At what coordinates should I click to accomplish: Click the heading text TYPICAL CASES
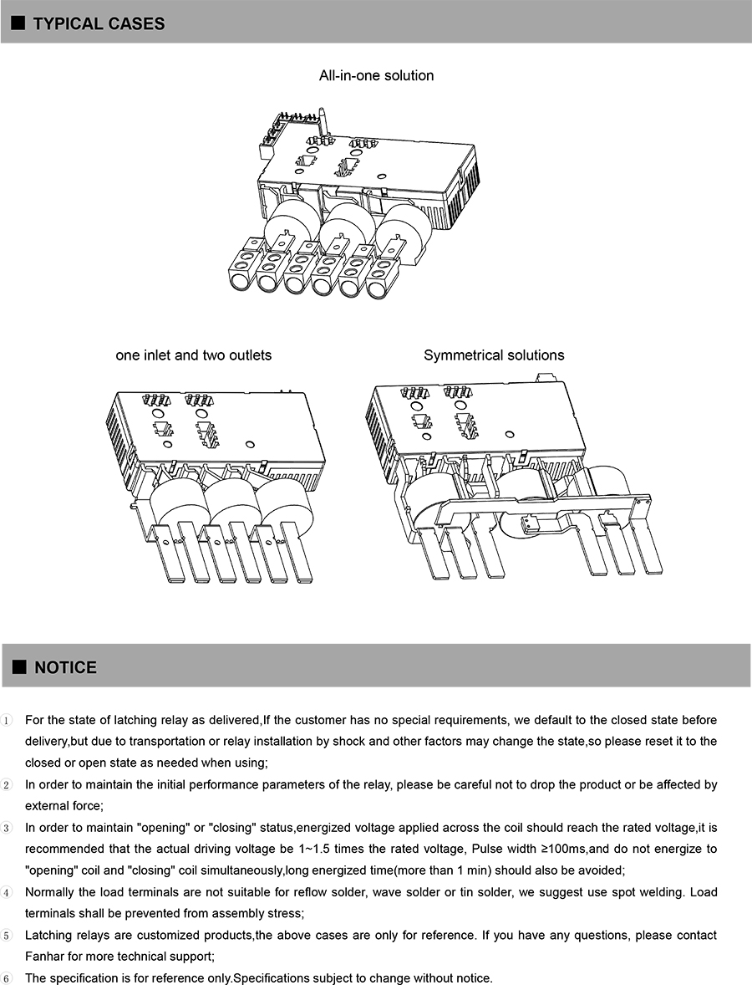tap(99, 23)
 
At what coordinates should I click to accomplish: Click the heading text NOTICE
tap(65, 667)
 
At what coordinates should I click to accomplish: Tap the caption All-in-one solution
tap(376, 75)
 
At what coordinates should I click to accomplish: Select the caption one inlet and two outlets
tap(193, 355)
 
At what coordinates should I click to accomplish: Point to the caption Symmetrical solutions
tap(494, 355)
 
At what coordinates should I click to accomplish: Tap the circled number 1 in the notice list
tap(8, 721)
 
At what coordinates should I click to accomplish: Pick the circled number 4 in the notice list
tap(8, 893)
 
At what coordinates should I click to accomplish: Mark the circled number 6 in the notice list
tap(8, 979)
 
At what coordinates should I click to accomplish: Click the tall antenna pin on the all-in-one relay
tap(323, 122)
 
